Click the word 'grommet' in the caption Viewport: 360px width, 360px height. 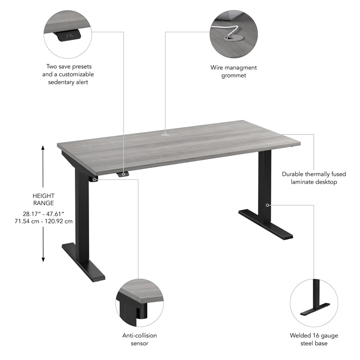pyautogui.click(x=234, y=76)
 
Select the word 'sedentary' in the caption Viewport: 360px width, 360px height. pyautogui.click(x=61, y=82)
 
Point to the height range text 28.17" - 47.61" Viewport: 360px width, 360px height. pyautogui.click(x=43, y=213)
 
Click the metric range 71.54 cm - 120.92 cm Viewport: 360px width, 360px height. pyautogui.click(x=43, y=221)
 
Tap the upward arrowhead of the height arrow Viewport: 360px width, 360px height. pyautogui.click(x=43, y=148)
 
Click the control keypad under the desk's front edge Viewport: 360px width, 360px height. pyautogui.click(x=122, y=174)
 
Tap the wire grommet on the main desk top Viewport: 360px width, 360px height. pyautogui.click(x=166, y=133)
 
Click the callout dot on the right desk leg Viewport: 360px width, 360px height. pyautogui.click(x=268, y=205)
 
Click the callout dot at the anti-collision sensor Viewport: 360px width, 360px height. pyautogui.click(x=95, y=179)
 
